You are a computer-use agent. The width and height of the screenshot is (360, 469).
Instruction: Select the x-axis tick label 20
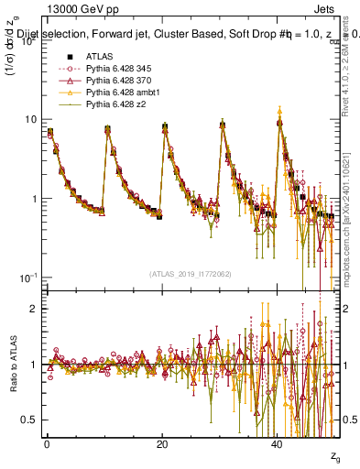pos(162,443)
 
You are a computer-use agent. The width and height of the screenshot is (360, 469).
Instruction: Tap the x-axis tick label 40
pos(278,443)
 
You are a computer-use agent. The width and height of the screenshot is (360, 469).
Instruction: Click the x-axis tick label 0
pos(47,443)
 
